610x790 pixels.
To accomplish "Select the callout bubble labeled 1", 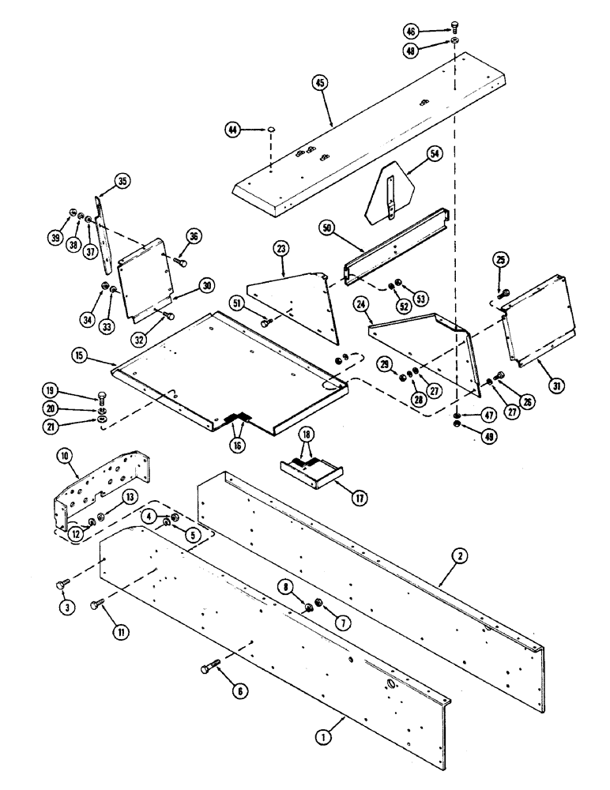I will point(322,736).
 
